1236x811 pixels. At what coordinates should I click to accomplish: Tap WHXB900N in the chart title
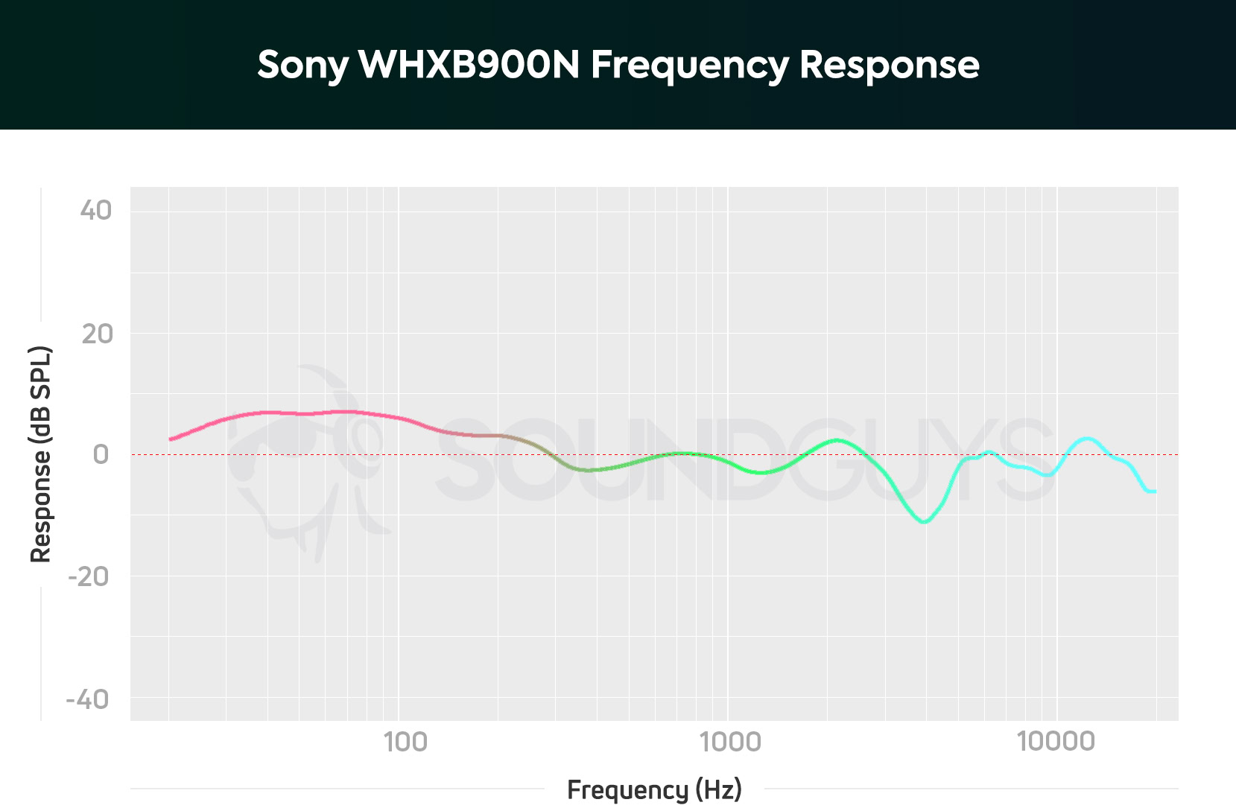point(469,65)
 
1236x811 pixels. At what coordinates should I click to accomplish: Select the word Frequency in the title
point(689,66)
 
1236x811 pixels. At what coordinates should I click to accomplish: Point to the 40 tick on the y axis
point(96,211)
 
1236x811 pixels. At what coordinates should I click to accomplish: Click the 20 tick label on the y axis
point(97,334)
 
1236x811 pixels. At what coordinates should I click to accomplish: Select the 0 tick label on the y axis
point(101,454)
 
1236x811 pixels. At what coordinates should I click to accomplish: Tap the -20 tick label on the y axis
point(89,576)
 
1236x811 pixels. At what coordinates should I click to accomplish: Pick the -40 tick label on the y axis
point(88,699)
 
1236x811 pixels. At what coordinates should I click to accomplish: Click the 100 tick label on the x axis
point(405,742)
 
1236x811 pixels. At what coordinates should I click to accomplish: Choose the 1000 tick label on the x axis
point(729,742)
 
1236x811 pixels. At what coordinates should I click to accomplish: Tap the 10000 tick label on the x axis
point(1056,742)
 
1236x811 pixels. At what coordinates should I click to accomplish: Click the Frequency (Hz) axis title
point(654,789)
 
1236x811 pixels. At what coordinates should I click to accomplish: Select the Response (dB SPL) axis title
point(41,454)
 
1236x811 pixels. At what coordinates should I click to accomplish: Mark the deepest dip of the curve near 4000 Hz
point(924,522)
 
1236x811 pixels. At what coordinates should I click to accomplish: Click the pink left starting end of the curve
point(171,439)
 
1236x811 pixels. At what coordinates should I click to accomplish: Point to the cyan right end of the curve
point(1153,492)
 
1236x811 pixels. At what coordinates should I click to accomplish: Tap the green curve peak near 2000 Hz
point(837,440)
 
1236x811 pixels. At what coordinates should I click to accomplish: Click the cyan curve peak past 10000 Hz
point(1087,439)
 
